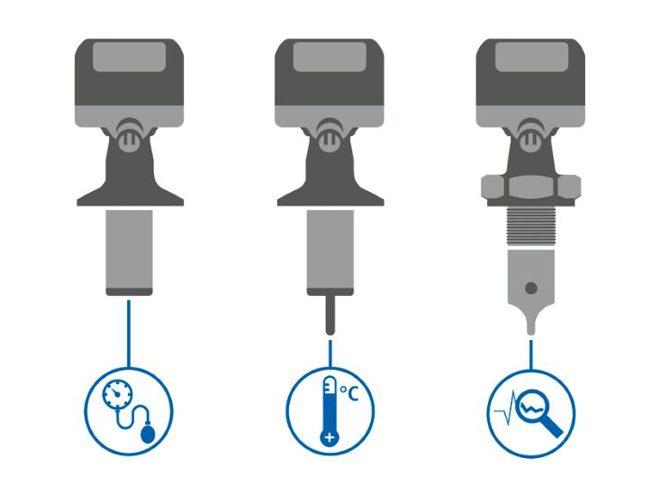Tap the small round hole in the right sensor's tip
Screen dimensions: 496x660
531,289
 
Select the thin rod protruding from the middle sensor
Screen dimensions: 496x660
330,315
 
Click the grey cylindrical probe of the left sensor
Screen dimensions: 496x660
129,248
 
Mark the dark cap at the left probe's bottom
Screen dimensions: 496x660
129,291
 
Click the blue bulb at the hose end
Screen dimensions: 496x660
149,436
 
